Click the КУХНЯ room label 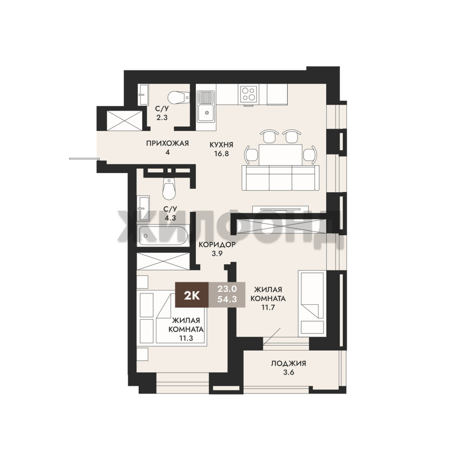tap(222, 145)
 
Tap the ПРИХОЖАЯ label tap(167, 143)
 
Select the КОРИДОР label tap(217, 245)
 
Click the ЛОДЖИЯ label tap(289, 363)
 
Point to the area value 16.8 tap(222, 154)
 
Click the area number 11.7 tap(268, 307)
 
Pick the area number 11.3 tap(186, 338)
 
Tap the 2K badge tap(192, 295)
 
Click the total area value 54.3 tap(227, 299)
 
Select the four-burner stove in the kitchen tap(248, 93)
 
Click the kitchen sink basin tap(207, 113)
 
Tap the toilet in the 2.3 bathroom tap(178, 97)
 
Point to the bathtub tap(163, 236)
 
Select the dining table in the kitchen tap(280, 154)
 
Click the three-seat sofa tap(280, 178)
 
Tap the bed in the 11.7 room tap(312, 303)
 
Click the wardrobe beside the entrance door tap(124, 120)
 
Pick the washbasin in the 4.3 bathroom tap(144, 208)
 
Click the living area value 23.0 tap(227, 289)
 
